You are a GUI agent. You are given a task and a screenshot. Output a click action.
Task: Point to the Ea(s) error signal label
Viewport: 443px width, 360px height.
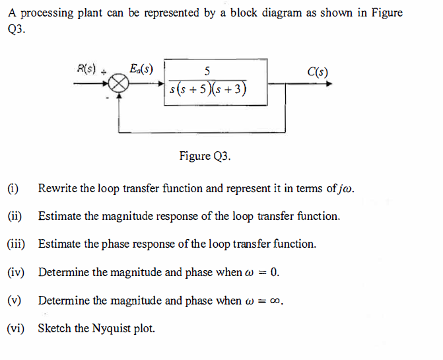pos(141,68)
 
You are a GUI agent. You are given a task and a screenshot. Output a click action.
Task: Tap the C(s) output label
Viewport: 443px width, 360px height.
pos(318,72)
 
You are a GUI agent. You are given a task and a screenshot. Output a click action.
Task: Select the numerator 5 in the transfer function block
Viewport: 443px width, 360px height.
pos(208,71)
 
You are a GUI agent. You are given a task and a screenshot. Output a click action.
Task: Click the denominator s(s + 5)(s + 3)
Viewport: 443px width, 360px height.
pos(209,90)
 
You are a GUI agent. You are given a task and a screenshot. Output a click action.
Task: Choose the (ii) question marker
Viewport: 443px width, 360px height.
pos(14,216)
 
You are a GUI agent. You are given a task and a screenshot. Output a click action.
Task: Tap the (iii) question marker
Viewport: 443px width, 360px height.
pos(15,244)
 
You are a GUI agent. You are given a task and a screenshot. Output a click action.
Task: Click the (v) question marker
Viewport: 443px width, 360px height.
pos(13,301)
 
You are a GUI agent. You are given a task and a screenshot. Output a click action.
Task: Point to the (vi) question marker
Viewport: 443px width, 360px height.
pos(15,328)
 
